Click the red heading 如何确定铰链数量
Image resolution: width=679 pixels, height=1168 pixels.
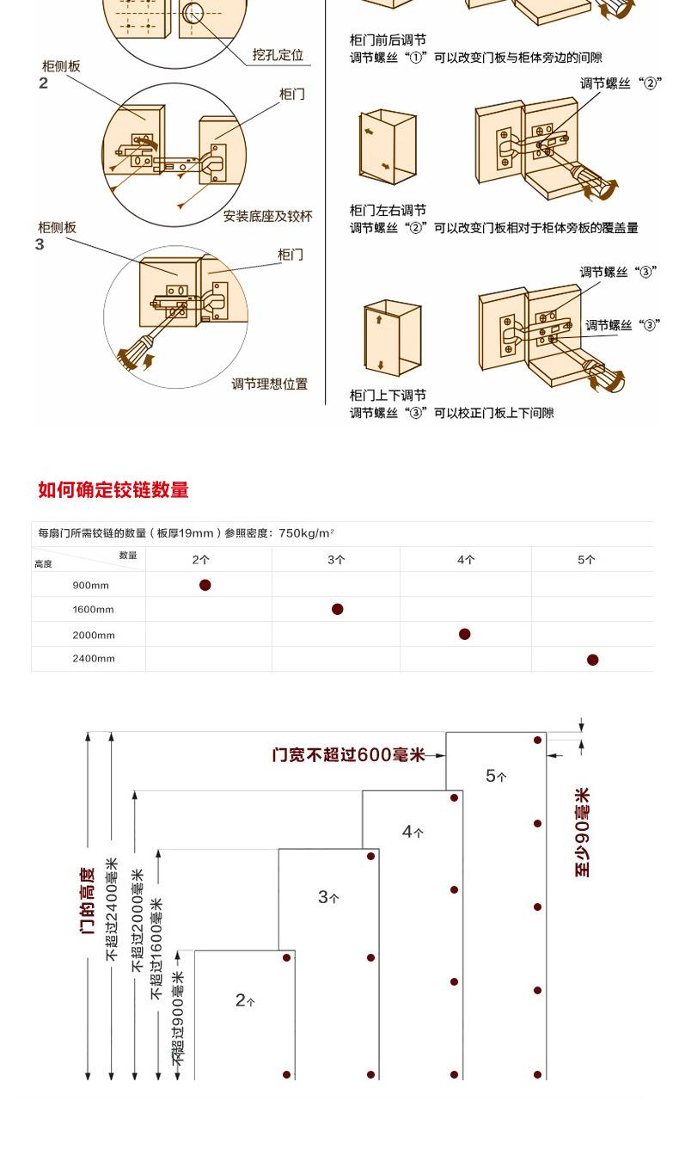coord(113,490)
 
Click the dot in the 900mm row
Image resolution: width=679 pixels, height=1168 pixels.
coord(205,585)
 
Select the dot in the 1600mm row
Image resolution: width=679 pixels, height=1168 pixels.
coord(338,609)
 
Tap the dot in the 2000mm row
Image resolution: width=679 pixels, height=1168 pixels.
coord(465,634)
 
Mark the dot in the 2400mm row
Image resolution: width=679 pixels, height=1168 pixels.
coord(592,660)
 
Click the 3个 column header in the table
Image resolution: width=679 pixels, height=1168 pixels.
coord(336,559)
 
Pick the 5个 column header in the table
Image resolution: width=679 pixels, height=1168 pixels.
coord(586,559)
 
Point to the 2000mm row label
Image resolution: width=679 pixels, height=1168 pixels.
coord(94,635)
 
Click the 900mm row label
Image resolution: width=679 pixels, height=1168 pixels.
coord(90,585)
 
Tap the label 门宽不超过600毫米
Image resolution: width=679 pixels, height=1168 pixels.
coord(348,755)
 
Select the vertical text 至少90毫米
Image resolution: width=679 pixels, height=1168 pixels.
coord(583,832)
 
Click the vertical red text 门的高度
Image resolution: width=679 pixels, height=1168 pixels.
coord(88,901)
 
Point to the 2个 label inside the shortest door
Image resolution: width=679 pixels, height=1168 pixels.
coord(245,1000)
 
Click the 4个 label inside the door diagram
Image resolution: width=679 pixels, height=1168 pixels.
coord(413,832)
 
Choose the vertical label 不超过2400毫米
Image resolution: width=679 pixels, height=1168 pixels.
coord(112,909)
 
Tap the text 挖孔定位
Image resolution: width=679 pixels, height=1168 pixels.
coord(278,55)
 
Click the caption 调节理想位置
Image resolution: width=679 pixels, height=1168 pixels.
coord(269,384)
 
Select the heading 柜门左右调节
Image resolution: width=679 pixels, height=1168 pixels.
coord(388,210)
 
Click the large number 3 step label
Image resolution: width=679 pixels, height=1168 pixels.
coord(40,245)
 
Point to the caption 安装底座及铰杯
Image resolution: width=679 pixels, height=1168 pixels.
coord(267,216)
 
